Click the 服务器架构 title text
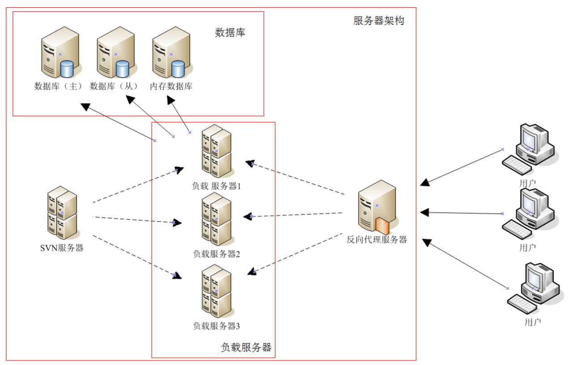click(x=379, y=21)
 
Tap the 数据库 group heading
click(x=230, y=33)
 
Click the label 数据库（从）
click(x=114, y=86)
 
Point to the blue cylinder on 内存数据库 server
click(x=178, y=70)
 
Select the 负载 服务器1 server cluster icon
click(x=215, y=151)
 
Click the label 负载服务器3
click(x=217, y=326)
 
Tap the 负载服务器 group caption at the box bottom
click(x=246, y=348)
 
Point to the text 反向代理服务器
click(x=377, y=240)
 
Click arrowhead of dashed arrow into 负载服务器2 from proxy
click(x=249, y=217)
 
